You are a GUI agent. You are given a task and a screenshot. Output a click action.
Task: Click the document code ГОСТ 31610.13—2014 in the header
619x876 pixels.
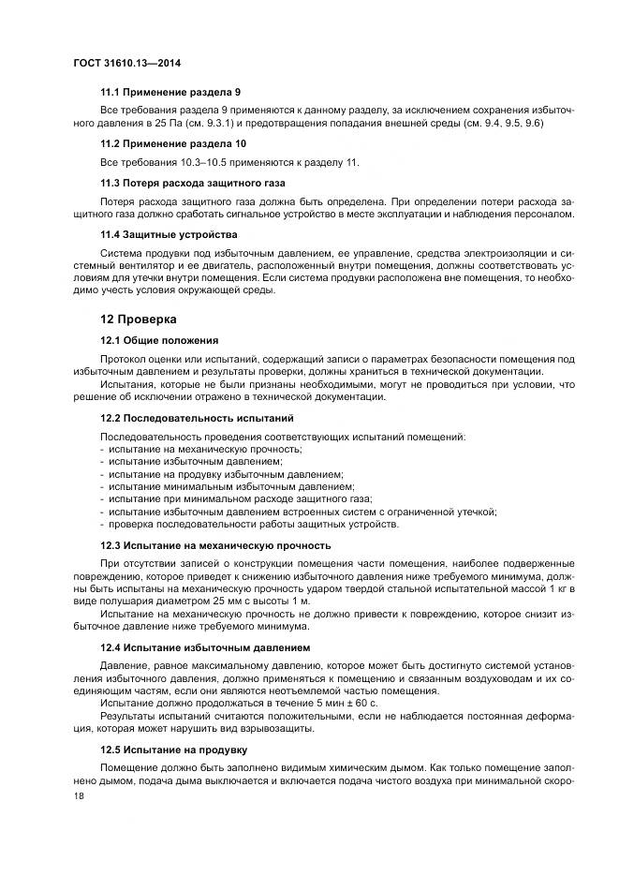126,64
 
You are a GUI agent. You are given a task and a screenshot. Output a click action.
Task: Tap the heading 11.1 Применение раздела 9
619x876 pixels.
170,93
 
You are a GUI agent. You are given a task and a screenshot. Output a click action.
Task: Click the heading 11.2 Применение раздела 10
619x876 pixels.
173,143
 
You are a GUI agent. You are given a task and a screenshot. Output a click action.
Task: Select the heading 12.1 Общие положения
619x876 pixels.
159,340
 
